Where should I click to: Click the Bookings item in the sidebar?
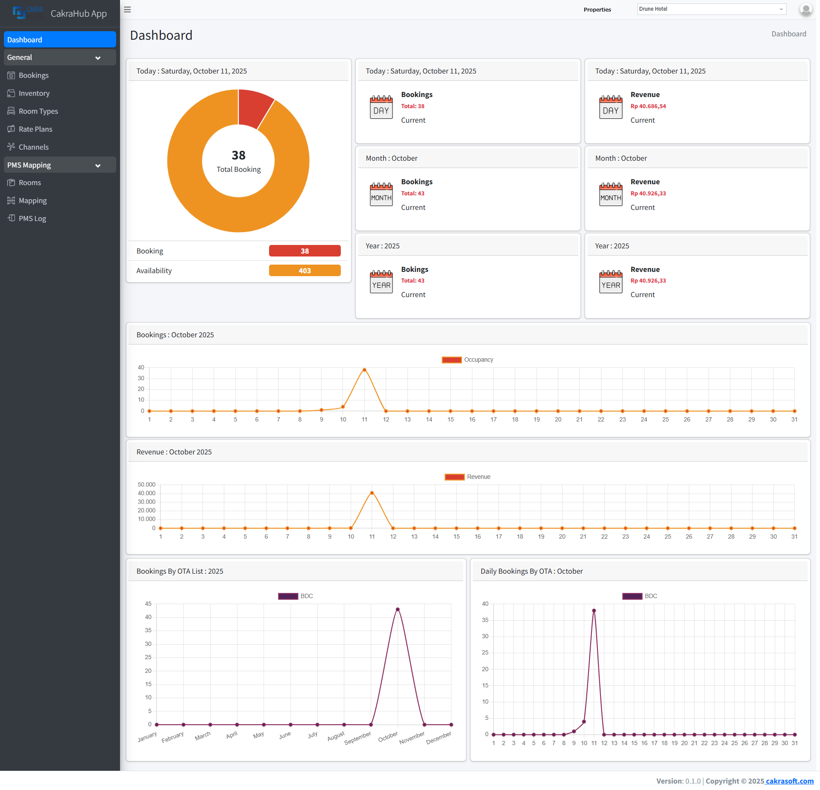tap(33, 75)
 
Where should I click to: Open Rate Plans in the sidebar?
tap(35, 129)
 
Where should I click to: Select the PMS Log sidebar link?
tap(32, 218)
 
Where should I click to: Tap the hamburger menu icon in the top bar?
tap(127, 9)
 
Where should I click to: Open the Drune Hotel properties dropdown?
tap(711, 9)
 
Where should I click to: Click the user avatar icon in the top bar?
tap(805, 9)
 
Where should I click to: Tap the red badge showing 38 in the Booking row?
tap(305, 251)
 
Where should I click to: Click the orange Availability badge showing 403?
tap(305, 271)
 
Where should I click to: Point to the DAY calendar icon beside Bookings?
tap(381, 107)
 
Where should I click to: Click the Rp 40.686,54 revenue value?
tap(648, 106)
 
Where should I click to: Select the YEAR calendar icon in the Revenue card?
tap(610, 282)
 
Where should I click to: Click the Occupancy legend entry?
tap(468, 360)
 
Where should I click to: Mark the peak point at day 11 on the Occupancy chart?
tap(364, 370)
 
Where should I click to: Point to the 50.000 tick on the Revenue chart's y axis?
tap(146, 484)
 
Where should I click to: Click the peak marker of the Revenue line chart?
tap(372, 493)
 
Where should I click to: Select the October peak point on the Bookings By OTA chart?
tap(398, 610)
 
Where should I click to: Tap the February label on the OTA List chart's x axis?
tap(173, 737)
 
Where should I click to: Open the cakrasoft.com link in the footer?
tap(789, 781)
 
